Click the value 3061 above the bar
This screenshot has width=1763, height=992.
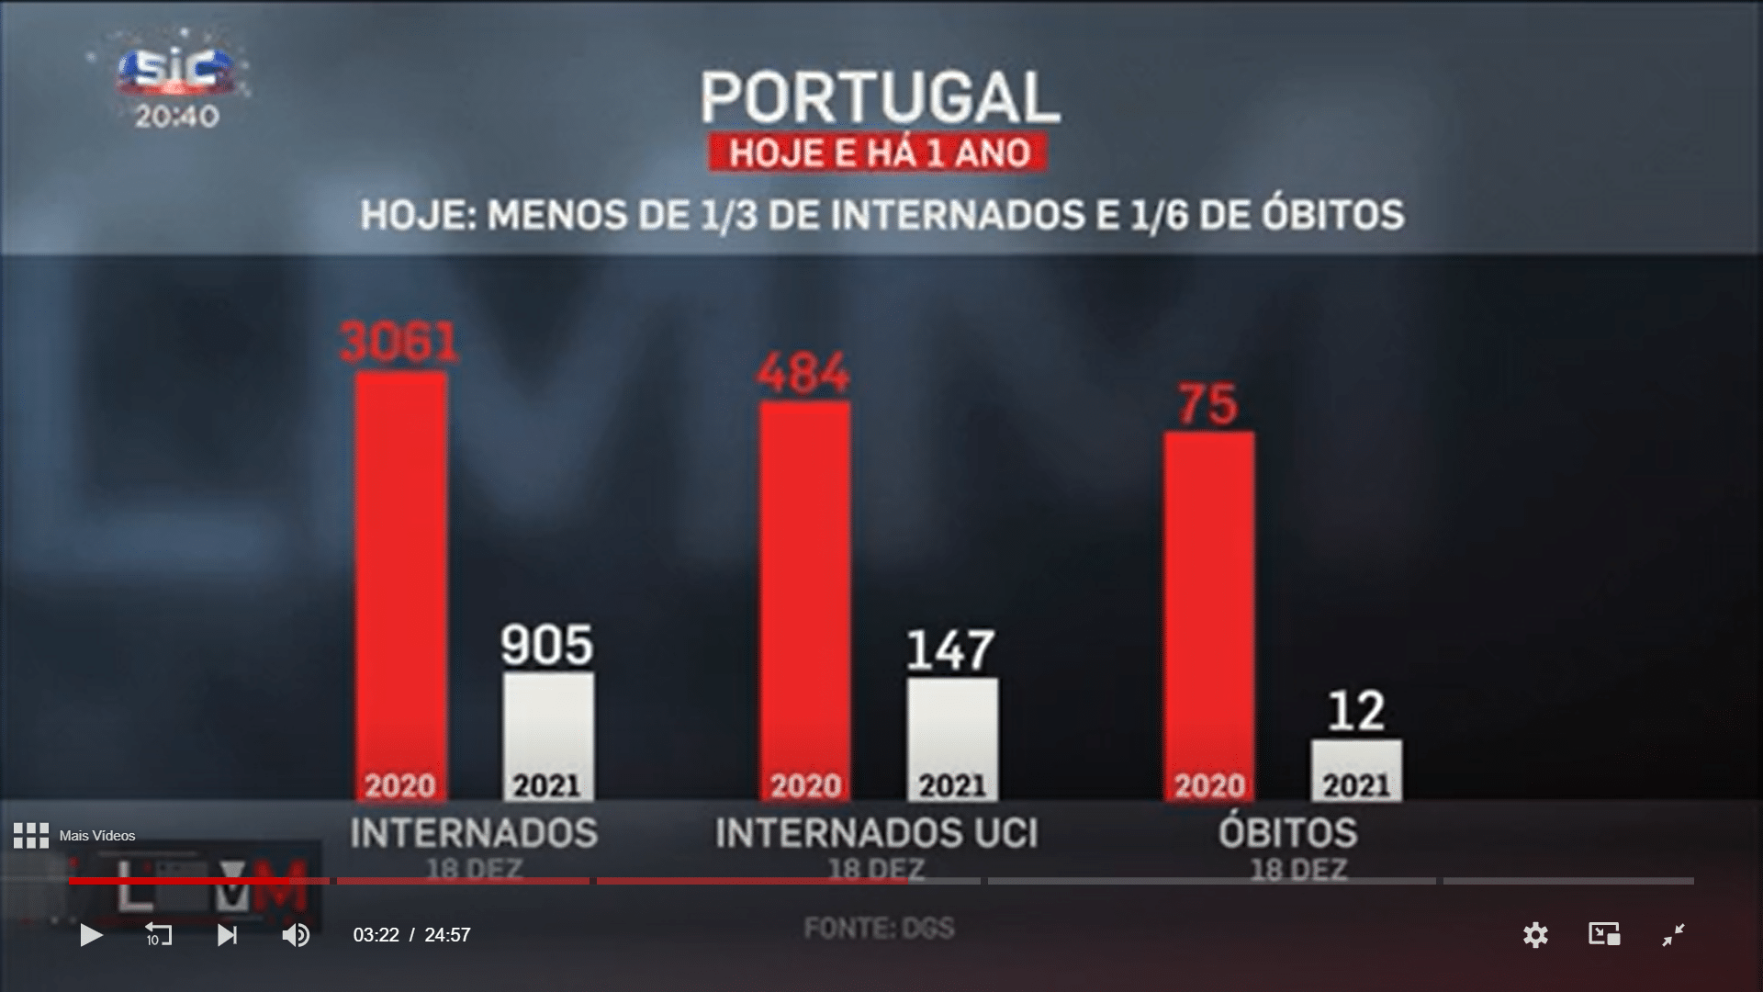point(399,343)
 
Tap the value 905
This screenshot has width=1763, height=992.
point(547,645)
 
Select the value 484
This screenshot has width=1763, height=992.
point(803,374)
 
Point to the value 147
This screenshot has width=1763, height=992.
point(950,650)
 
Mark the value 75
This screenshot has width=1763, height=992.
point(1208,404)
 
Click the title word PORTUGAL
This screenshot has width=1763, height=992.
point(880,97)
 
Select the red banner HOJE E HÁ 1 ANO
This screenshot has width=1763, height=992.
point(879,152)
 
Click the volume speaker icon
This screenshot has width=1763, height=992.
point(296,935)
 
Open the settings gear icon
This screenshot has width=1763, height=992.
point(1535,935)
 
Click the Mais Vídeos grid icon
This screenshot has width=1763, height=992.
point(31,836)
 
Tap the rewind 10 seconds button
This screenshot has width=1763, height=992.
point(158,935)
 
